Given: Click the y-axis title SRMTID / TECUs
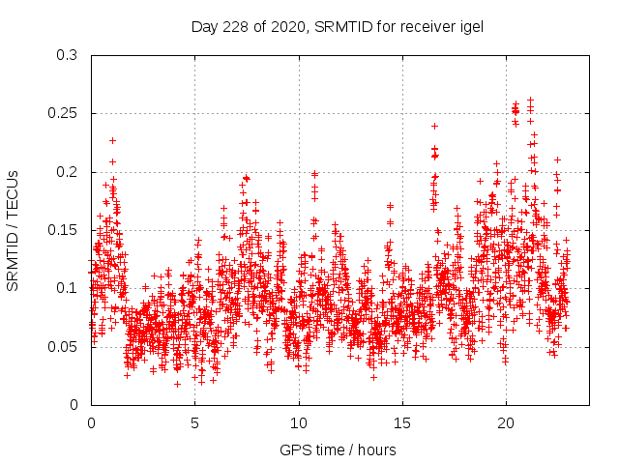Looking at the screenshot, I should [x=13, y=230].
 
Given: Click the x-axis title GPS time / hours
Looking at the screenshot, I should [x=338, y=449].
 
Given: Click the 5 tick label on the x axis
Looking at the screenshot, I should [x=194, y=423].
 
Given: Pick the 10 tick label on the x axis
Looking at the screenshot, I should [x=299, y=423].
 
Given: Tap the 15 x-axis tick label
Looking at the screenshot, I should [x=402, y=423].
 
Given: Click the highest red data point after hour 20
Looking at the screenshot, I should [x=530, y=100].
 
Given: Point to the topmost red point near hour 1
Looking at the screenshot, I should [x=112, y=140].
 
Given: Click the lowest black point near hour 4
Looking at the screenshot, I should [x=177, y=384].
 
